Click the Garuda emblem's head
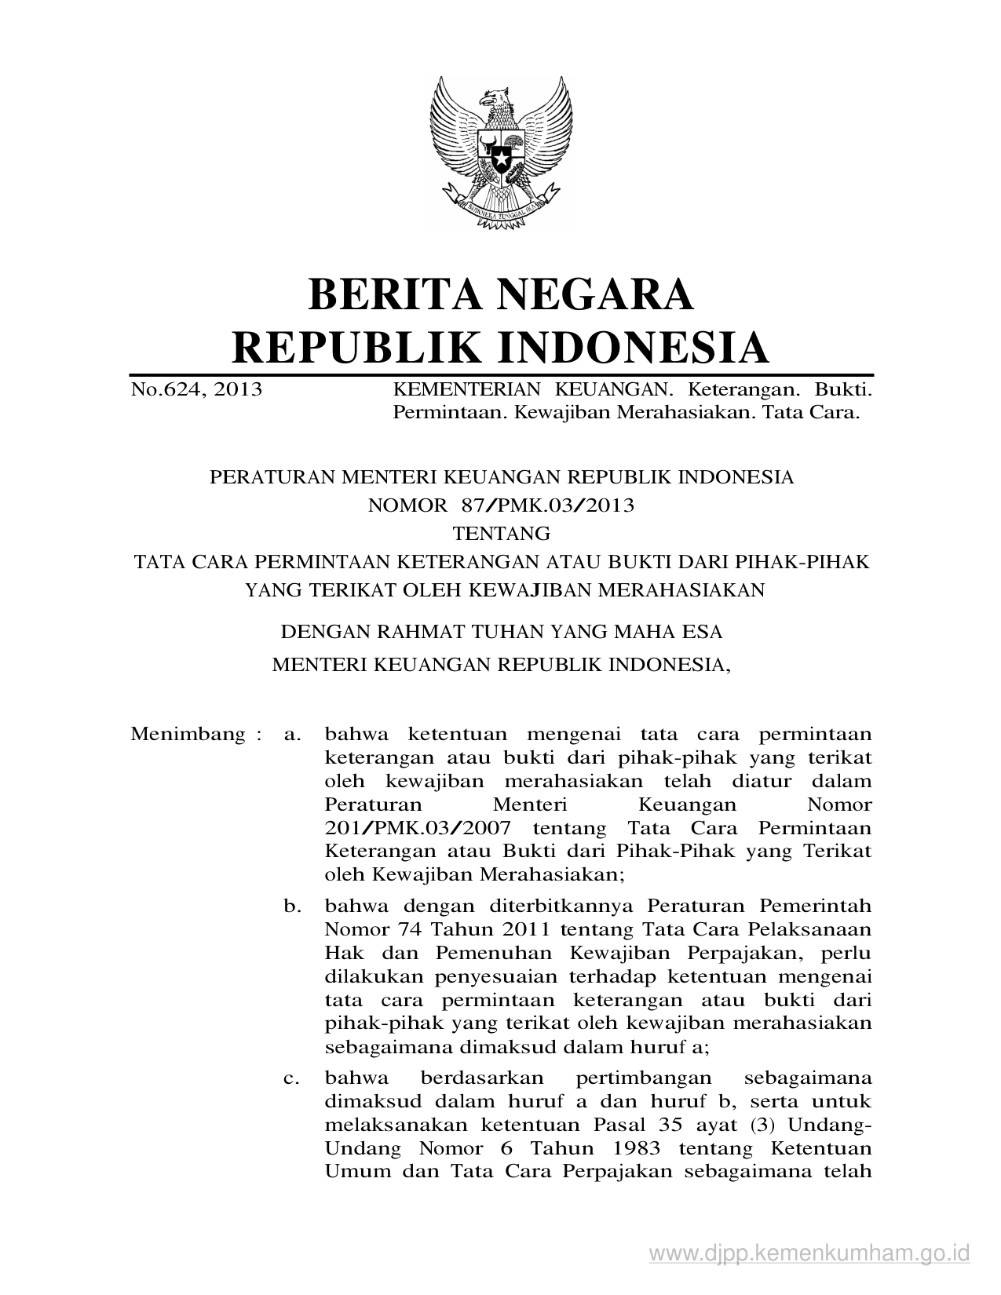click(496, 100)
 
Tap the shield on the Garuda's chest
click(500, 152)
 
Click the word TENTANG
click(502, 534)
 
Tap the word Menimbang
click(188, 735)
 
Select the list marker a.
click(293, 735)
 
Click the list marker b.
click(293, 906)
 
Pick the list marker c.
click(293, 1078)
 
